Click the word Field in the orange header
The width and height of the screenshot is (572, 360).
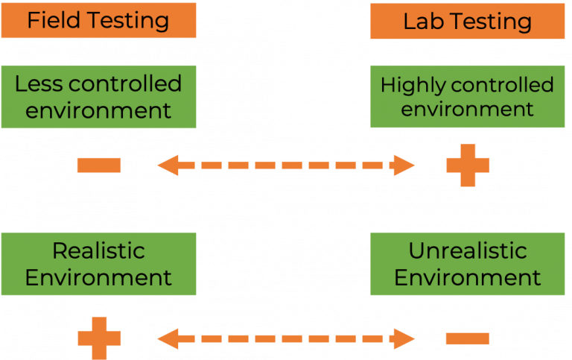[51, 20]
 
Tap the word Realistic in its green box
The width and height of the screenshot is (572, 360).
[98, 250]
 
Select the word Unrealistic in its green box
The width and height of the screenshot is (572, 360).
[467, 250]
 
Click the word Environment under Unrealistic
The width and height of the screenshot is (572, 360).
[467, 278]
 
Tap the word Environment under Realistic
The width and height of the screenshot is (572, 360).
[98, 278]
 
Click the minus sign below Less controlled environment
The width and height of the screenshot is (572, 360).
[99, 165]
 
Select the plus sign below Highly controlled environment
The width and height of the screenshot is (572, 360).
[468, 165]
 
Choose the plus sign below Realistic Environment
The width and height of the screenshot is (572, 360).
[99, 337]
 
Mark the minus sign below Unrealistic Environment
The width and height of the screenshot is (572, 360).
[468, 338]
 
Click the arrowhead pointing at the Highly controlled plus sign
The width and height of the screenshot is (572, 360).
[404, 165]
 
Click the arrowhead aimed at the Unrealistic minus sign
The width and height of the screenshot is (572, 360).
[404, 339]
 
